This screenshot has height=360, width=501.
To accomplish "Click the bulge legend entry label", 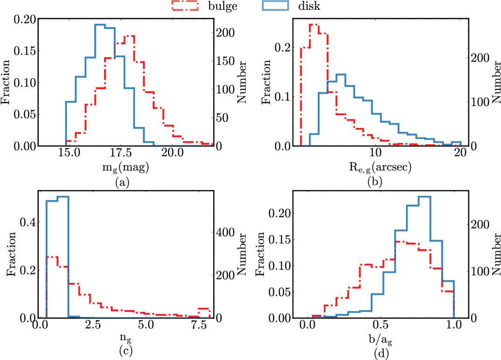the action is coord(223,6).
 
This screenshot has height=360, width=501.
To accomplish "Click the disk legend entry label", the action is coord(309,6).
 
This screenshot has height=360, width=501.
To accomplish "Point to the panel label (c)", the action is coord(125,351).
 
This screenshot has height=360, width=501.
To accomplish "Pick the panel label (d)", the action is coord(380,353).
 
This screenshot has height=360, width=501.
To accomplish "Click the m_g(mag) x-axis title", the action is coord(125,167).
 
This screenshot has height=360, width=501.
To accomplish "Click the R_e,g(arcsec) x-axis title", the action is coord(380,167).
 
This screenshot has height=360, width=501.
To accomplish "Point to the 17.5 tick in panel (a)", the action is coord(120,153).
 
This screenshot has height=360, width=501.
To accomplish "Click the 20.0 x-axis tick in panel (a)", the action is coord(172,153).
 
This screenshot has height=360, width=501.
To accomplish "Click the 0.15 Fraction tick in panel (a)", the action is coord(25,51).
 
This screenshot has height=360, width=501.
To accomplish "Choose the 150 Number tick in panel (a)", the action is coord(226,61).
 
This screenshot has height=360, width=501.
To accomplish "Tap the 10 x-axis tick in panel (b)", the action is coord(375,153).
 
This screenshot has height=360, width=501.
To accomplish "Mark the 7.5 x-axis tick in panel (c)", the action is coord(199,325).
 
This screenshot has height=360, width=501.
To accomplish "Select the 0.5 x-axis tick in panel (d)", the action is coord(381,325).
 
